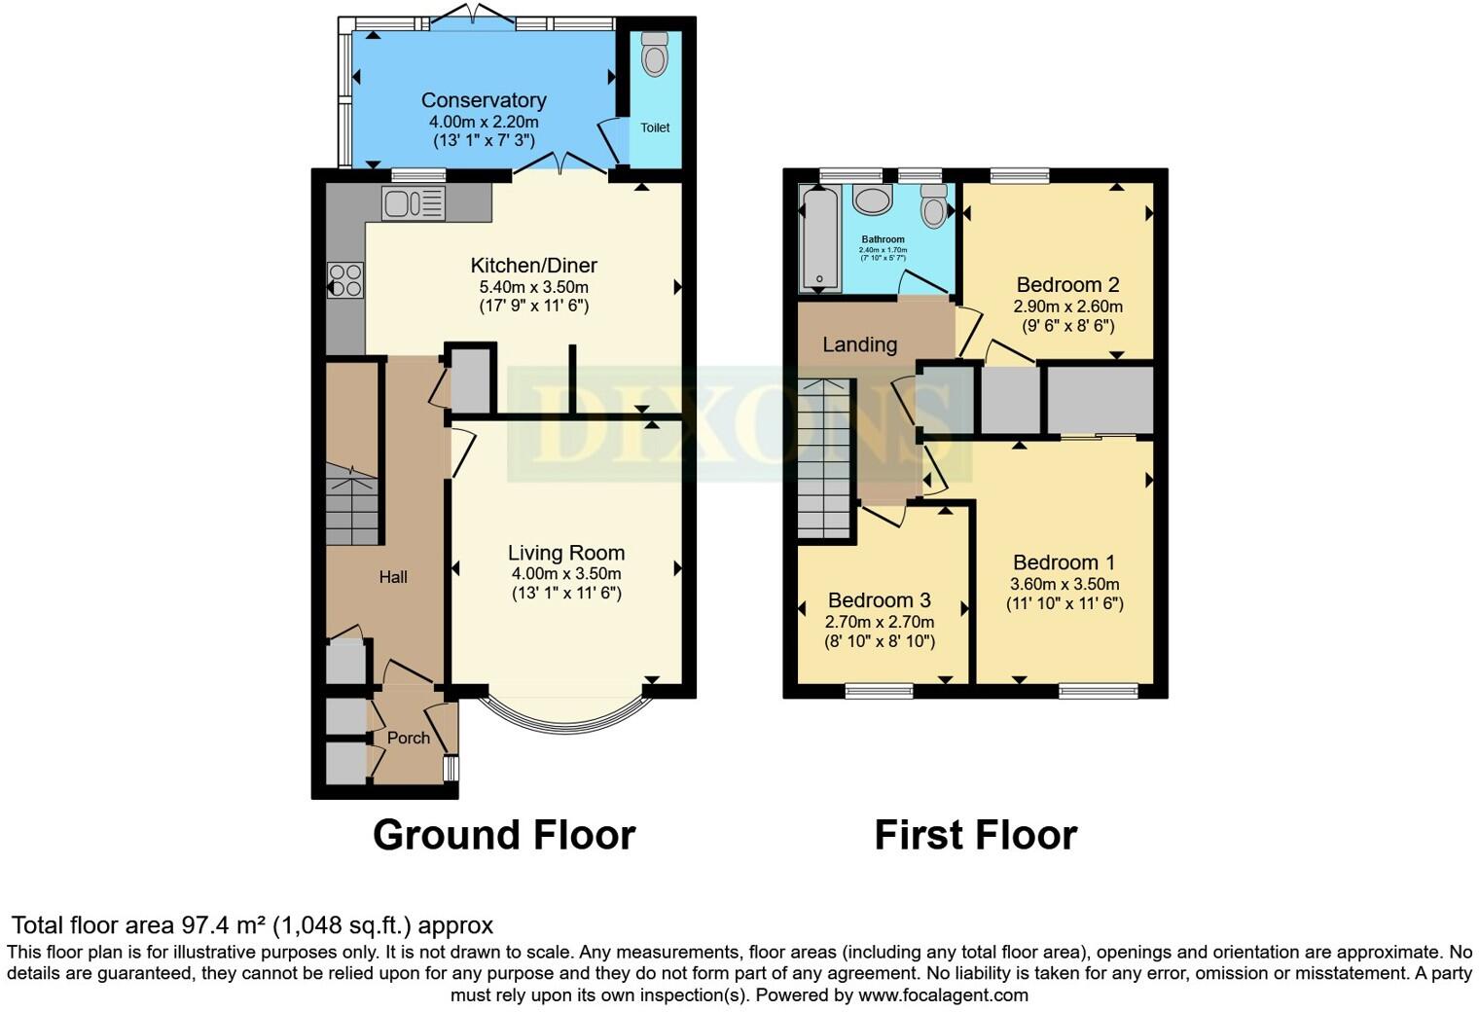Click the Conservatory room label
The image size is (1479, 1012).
click(x=484, y=100)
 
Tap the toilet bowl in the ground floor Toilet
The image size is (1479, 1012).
click(x=655, y=56)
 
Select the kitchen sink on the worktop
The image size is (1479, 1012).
click(x=414, y=204)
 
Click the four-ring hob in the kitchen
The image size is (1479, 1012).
click(x=345, y=280)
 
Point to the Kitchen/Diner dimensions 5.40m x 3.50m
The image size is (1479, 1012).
click(x=533, y=287)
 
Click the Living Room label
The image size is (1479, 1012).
click(x=566, y=553)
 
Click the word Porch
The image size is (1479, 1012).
click(x=409, y=738)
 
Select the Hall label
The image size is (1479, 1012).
click(x=393, y=577)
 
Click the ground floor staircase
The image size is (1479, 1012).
click(x=351, y=506)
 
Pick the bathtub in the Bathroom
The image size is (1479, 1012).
click(x=820, y=239)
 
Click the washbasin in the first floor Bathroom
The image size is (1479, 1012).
click(x=873, y=200)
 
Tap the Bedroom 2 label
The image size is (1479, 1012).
click(x=1067, y=285)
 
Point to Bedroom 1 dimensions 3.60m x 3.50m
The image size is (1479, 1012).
click(x=1064, y=584)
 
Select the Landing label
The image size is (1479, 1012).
click(x=859, y=344)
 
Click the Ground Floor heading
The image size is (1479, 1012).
click(x=504, y=835)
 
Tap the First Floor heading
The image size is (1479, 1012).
click(x=975, y=835)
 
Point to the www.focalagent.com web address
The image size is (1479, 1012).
click(x=942, y=995)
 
